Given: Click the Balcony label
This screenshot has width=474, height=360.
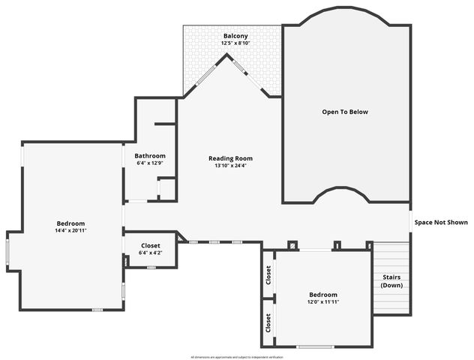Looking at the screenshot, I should coord(235,35).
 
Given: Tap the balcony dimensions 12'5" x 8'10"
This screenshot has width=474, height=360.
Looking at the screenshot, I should coord(235,43).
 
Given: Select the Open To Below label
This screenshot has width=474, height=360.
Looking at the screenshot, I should coord(345,112).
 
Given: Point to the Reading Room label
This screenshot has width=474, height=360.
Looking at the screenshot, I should coord(230,158).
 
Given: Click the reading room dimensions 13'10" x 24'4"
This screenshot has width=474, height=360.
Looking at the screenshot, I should coord(230,166).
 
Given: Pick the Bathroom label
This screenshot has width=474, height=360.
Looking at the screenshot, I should coord(150,155).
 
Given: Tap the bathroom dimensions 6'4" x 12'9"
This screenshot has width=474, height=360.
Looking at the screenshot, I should coord(150,163).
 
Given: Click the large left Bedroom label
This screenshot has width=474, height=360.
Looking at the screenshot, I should coord(70,223).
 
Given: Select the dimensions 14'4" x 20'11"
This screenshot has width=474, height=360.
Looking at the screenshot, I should coord(70,231).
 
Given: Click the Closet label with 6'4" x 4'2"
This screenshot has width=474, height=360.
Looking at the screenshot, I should coord(150,245).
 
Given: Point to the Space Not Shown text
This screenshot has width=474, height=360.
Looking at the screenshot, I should coord(441,222).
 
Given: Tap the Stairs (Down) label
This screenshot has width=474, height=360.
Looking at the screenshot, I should coord(391,281).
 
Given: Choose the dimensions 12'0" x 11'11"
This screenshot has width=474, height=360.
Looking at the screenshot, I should coord(323,302).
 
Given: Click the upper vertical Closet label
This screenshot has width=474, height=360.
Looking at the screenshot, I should coord(268,275).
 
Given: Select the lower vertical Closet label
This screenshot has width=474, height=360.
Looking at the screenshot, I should coord(268,323).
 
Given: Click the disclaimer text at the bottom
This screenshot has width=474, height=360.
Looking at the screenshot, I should coord(237,356).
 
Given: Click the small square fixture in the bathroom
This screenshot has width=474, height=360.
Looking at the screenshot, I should coord(166,188).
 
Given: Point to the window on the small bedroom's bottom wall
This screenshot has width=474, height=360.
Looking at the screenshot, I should coord(315,346).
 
